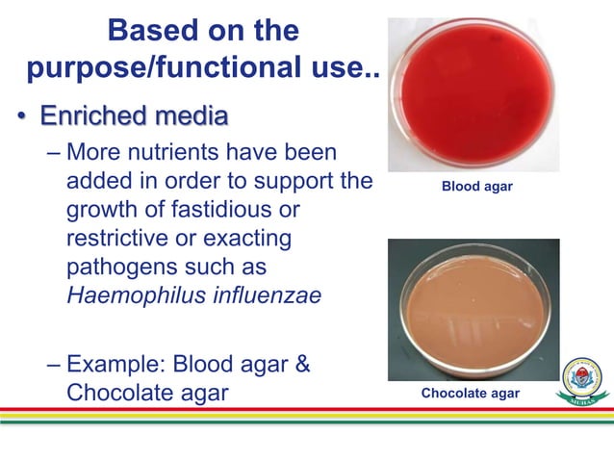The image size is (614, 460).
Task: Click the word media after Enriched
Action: point(192,117)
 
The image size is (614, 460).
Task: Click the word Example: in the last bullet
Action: point(118,366)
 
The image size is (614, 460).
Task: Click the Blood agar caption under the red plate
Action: point(476,186)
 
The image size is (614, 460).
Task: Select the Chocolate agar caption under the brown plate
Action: point(470,394)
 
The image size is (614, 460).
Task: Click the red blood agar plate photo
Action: point(474,93)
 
